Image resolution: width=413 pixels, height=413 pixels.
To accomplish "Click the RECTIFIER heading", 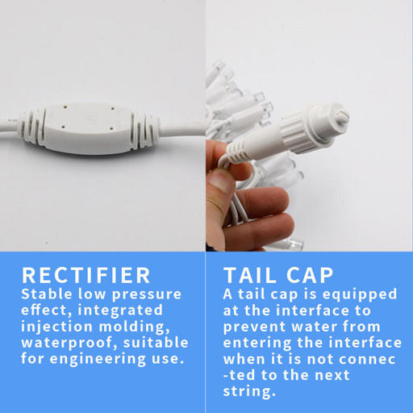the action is [x=86, y=275].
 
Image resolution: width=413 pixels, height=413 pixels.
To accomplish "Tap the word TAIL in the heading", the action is [x=250, y=275].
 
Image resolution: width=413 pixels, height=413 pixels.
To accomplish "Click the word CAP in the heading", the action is [x=310, y=275].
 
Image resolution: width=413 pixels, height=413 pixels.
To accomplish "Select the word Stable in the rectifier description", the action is [x=47, y=294].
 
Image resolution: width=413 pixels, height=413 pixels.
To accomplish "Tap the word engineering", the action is [x=98, y=359].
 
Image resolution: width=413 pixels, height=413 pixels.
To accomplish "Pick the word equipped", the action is [x=360, y=294].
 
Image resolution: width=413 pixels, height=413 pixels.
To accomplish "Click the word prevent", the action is [x=254, y=327].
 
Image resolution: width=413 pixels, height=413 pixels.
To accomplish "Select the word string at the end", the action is [x=249, y=392].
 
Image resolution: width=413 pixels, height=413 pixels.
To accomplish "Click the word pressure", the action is [x=147, y=294].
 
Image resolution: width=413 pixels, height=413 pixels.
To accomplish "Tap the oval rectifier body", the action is [x=89, y=129].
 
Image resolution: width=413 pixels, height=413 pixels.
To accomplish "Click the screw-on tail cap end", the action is [x=327, y=127].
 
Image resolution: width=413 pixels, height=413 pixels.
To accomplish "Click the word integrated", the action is [x=120, y=311].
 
